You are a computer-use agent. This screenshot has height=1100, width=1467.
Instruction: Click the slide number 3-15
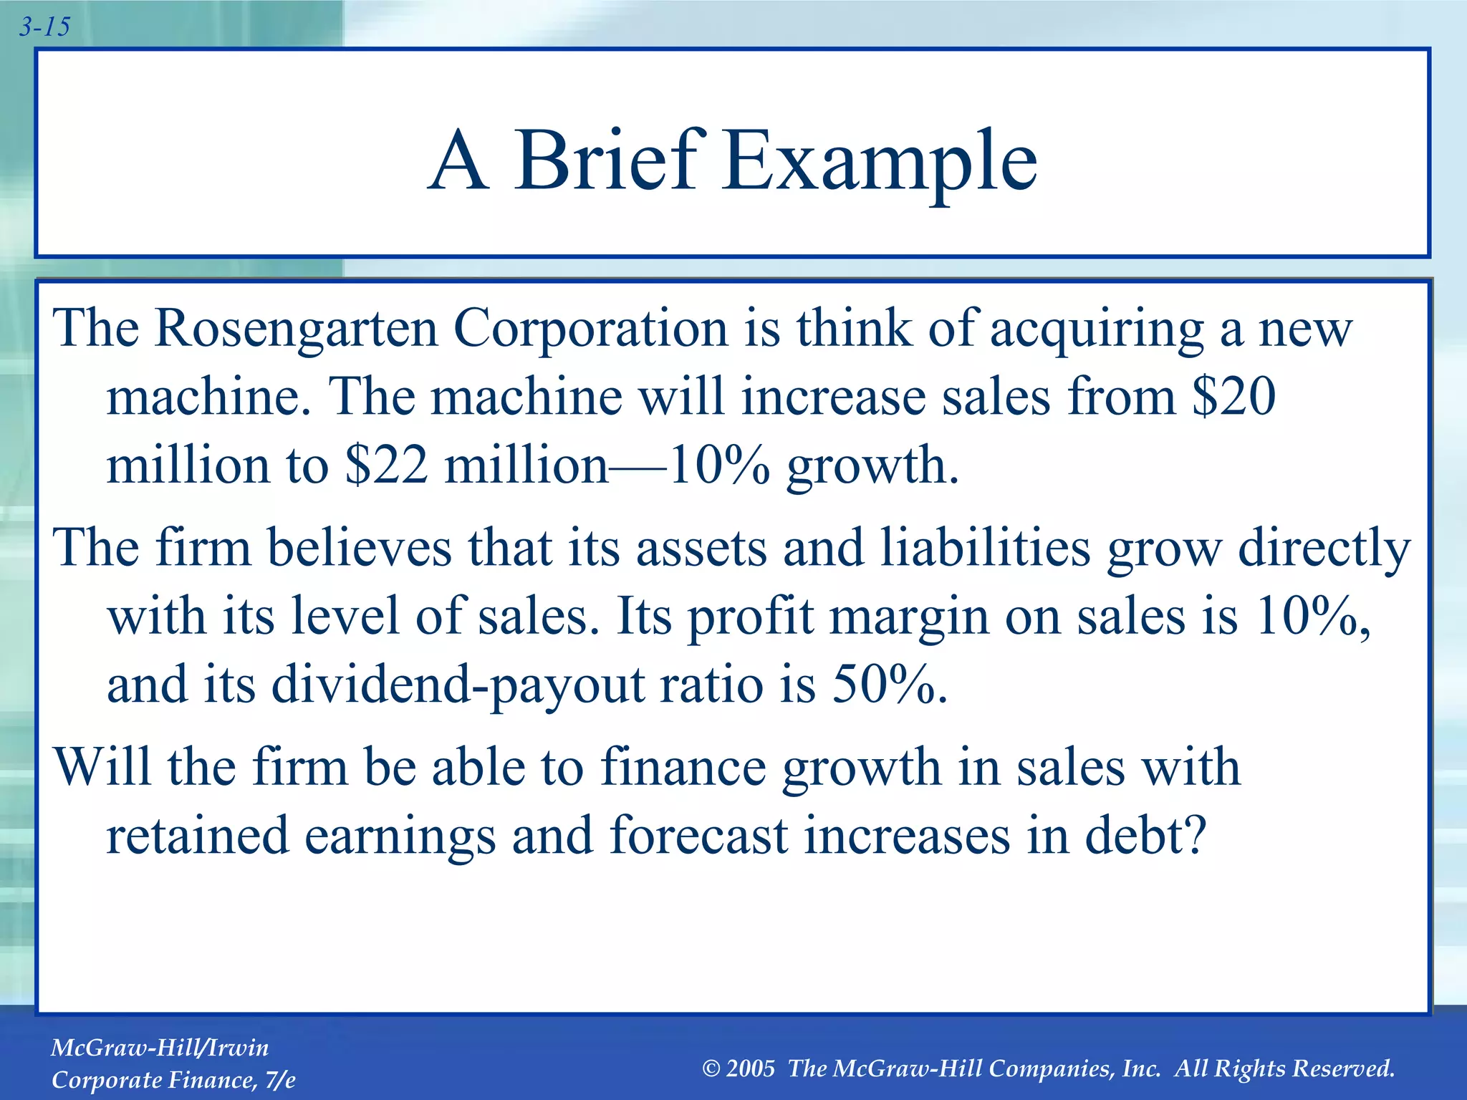point(44,27)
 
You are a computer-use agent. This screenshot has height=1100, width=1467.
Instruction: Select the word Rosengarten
point(296,329)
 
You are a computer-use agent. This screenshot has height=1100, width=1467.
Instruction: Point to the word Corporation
point(591,329)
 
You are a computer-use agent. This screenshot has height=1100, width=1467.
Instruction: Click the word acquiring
point(1097,329)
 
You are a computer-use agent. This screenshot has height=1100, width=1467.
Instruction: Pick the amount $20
point(1233,396)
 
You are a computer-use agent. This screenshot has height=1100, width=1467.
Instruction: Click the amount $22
point(386,465)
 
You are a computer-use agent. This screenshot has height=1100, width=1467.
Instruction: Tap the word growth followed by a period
point(872,466)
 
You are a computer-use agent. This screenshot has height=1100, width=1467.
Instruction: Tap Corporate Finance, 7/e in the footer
point(173,1080)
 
